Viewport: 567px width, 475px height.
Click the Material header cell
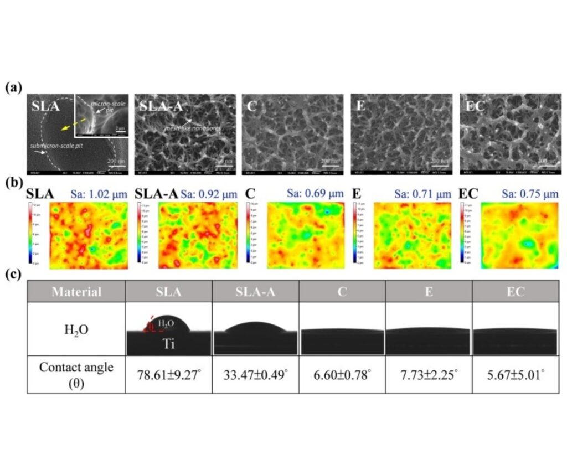[76, 291]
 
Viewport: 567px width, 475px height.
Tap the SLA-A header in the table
[255, 291]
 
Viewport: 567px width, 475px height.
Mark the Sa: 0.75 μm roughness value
[536, 194]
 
